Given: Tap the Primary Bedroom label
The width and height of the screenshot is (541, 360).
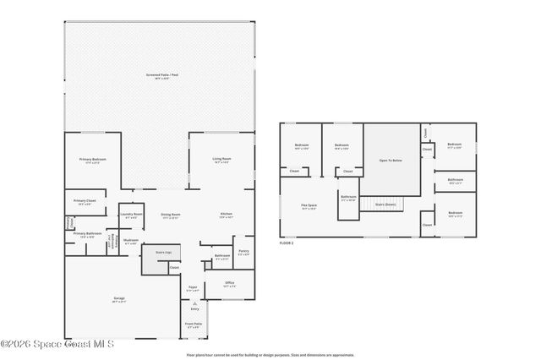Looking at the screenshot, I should tap(93, 160).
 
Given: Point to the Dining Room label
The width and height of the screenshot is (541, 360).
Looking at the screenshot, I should tap(171, 215).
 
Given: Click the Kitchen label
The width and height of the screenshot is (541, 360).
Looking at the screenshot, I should tap(226, 215).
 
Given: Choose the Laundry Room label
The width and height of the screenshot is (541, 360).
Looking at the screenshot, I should tap(131, 215).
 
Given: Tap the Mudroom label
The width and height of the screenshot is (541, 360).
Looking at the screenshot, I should tap(131, 241).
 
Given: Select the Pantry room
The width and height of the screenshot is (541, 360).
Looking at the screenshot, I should tap(243, 253).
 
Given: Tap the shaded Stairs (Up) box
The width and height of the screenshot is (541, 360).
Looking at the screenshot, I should tap(154, 259).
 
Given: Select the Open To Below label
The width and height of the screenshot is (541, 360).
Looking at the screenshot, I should tap(390, 159).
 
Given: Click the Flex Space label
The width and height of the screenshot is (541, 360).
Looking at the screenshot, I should tap(308, 206).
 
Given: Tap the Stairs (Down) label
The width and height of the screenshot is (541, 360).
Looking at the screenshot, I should tap(384, 205).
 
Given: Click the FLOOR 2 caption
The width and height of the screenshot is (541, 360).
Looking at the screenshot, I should tap(287, 242).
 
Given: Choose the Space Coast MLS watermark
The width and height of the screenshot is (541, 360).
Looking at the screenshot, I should tap(57, 344).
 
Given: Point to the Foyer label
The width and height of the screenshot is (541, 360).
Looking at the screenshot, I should tap(193, 288).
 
